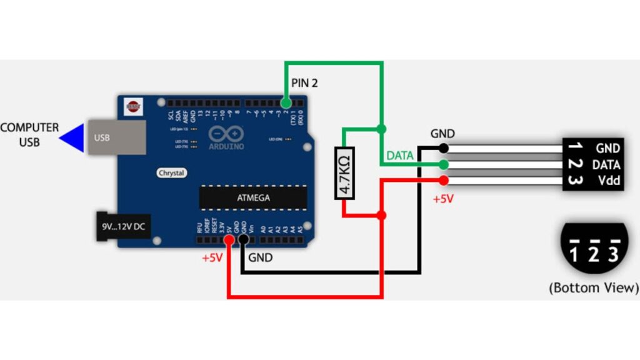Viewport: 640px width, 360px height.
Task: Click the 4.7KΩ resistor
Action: click(344, 173)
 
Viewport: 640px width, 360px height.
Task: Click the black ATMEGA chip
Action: click(253, 197)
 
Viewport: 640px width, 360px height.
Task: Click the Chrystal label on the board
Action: click(171, 172)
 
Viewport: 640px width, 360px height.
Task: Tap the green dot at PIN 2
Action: click(286, 102)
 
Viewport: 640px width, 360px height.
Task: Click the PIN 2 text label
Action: click(304, 82)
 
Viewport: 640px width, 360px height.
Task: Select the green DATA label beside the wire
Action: click(399, 156)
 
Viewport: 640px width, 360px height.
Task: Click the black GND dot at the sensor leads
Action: click(443, 148)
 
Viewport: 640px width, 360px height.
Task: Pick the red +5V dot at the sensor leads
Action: click(444, 181)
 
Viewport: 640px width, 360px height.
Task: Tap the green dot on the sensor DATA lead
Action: click(443, 164)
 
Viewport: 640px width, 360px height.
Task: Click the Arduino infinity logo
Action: click(226, 134)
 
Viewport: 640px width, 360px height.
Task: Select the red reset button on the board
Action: click(132, 106)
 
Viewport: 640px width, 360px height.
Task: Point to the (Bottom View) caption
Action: click(593, 288)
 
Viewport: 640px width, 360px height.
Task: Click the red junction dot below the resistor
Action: click(381, 215)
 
